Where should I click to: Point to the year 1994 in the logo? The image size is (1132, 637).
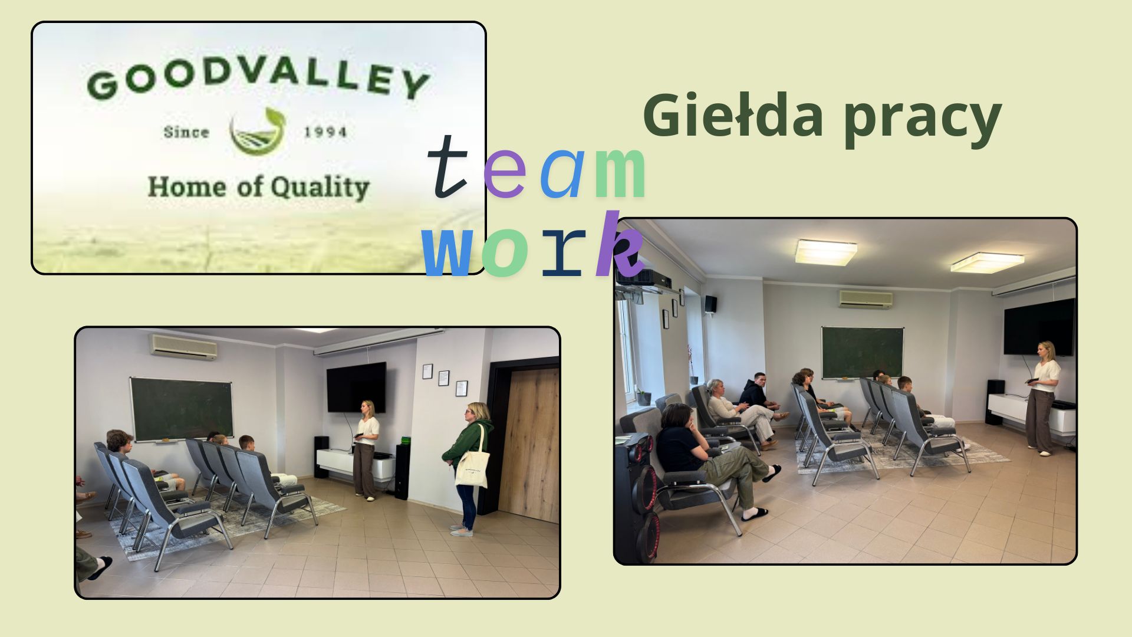(325, 132)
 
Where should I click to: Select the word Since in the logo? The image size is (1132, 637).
(186, 132)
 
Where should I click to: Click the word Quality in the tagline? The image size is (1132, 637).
(320, 188)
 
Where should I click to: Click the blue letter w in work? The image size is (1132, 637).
(447, 252)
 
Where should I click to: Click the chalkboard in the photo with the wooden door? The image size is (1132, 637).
(182, 409)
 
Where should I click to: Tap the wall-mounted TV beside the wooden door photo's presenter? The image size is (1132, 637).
(356, 387)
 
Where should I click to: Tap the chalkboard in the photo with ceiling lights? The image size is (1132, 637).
(863, 352)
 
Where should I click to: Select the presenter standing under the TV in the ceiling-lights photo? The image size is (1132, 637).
(1042, 398)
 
